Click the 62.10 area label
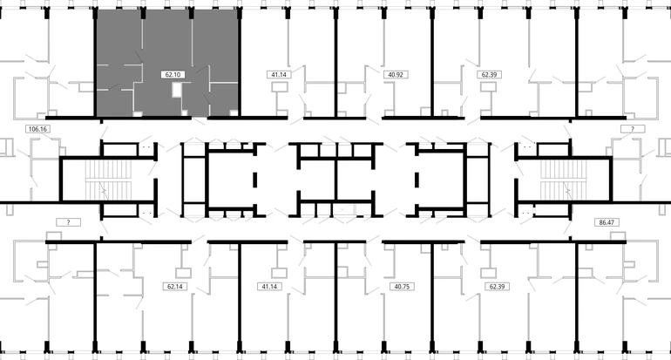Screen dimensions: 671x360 tap(173, 74)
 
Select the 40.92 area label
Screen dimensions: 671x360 tap(396, 74)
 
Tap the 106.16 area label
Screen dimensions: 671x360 tap(37, 128)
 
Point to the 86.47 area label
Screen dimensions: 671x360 tap(607, 222)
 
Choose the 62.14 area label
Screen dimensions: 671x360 tap(175, 287)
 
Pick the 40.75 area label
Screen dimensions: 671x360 tap(402, 287)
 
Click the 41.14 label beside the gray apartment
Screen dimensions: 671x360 tap(279, 74)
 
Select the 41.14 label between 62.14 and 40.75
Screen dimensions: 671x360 tap(269, 287)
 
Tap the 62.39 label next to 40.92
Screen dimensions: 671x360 tap(489, 74)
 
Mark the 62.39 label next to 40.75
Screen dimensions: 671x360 tap(497, 287)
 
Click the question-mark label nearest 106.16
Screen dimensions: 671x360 tap(69, 222)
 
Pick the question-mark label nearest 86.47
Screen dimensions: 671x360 tap(633, 128)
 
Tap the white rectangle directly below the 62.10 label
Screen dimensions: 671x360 tap(177, 90)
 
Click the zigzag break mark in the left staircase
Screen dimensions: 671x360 tap(104, 189)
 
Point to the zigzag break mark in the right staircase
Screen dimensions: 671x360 tap(567, 189)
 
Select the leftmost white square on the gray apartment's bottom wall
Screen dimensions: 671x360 tap(138, 113)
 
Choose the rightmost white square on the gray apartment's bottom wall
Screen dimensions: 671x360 tap(234, 113)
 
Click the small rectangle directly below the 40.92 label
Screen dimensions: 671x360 tap(390, 88)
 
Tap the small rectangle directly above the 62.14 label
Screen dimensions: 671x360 tap(183, 273)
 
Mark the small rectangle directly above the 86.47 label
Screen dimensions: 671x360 tap(618, 236)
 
